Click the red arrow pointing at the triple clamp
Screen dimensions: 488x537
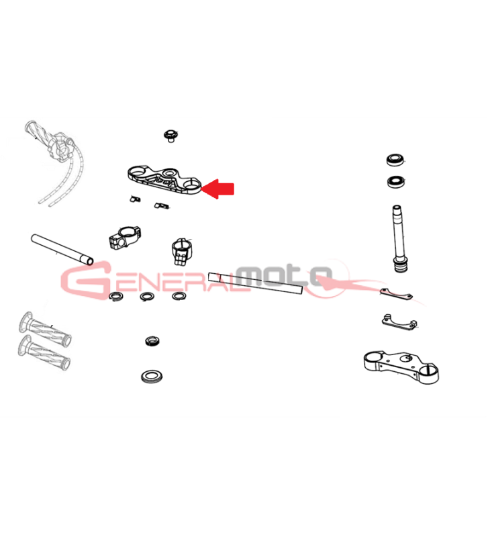[217, 189]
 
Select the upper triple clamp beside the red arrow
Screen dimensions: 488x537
[164, 180]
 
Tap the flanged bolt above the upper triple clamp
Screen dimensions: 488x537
[170, 136]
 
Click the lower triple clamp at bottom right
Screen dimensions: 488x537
[401, 367]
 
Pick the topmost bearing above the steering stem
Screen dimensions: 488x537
[395, 160]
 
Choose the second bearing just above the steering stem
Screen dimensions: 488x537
[397, 181]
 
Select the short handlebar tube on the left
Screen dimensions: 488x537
[62, 249]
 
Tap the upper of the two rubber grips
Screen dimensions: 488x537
[45, 328]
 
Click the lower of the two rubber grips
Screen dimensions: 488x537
[44, 353]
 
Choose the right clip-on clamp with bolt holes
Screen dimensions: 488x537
[181, 252]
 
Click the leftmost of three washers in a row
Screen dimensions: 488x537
[116, 296]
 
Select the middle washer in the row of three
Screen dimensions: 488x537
[147, 297]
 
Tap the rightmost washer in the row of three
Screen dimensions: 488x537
[179, 296]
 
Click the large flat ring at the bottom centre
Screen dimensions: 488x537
[152, 377]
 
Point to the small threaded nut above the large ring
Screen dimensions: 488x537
[152, 341]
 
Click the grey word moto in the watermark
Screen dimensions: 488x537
[285, 275]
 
